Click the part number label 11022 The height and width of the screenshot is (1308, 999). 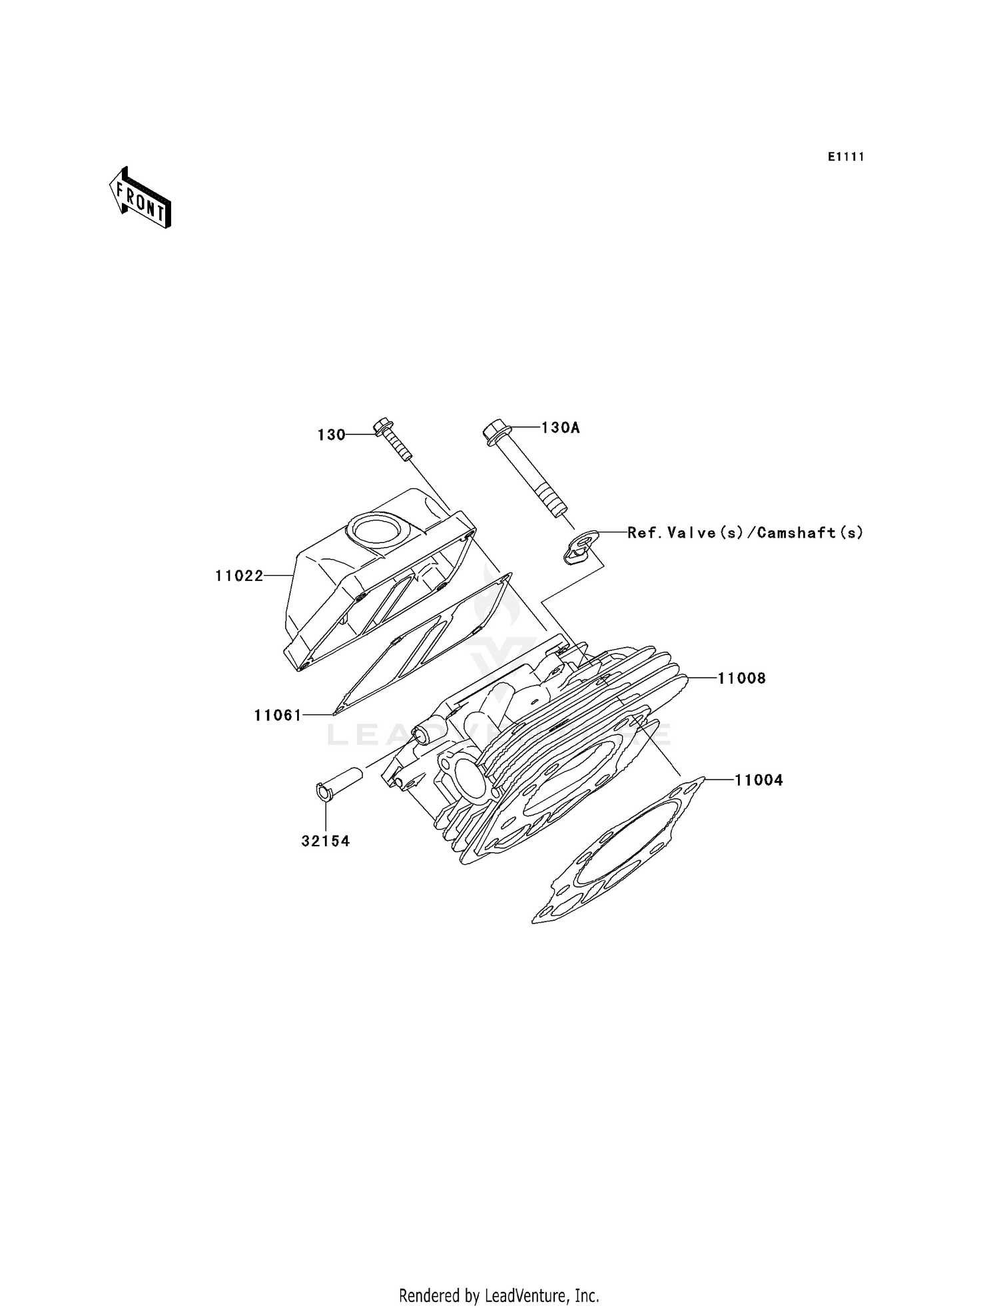coord(239,576)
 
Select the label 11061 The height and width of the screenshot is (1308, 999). coord(278,716)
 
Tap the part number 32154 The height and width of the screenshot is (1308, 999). coord(325,841)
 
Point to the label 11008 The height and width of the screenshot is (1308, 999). coord(741,678)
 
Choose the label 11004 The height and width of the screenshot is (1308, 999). coord(759,780)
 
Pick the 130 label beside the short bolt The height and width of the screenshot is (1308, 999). coord(331,435)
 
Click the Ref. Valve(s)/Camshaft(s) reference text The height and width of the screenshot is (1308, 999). coord(745,532)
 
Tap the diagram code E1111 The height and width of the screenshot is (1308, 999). coord(846,157)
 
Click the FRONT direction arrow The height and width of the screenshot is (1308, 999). coord(140,199)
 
